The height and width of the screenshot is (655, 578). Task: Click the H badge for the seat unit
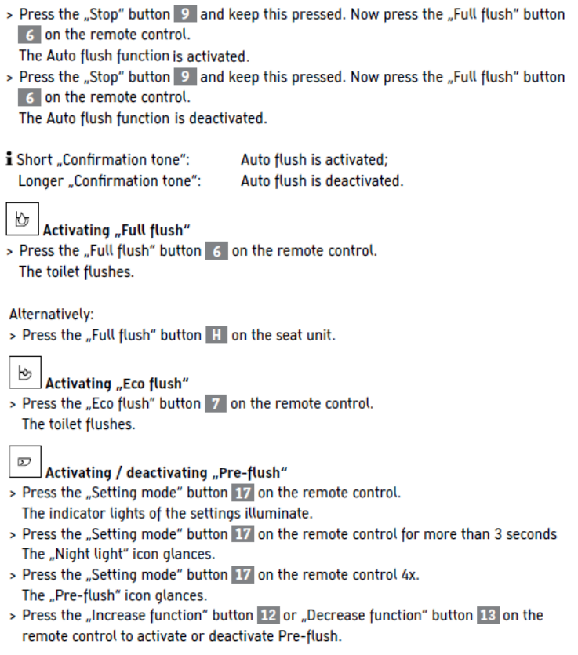point(216,336)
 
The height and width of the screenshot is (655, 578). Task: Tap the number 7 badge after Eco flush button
point(216,404)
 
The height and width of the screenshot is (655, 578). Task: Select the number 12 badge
point(268,615)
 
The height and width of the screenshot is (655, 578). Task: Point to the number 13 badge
point(488,615)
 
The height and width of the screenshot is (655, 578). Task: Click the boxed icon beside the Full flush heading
point(22,220)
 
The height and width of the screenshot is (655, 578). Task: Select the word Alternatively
point(51,315)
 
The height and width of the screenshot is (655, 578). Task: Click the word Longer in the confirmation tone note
point(42,180)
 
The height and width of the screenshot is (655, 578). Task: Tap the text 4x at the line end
point(409,574)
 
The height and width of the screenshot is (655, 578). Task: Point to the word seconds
point(530,534)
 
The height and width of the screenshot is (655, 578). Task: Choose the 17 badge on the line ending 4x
point(242,574)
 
